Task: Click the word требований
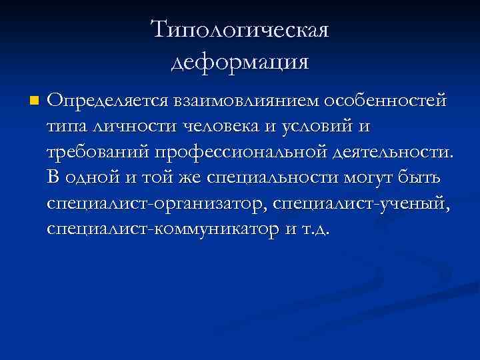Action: click(x=98, y=152)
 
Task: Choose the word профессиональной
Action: click(x=241, y=152)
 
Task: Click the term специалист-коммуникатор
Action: click(x=159, y=228)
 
